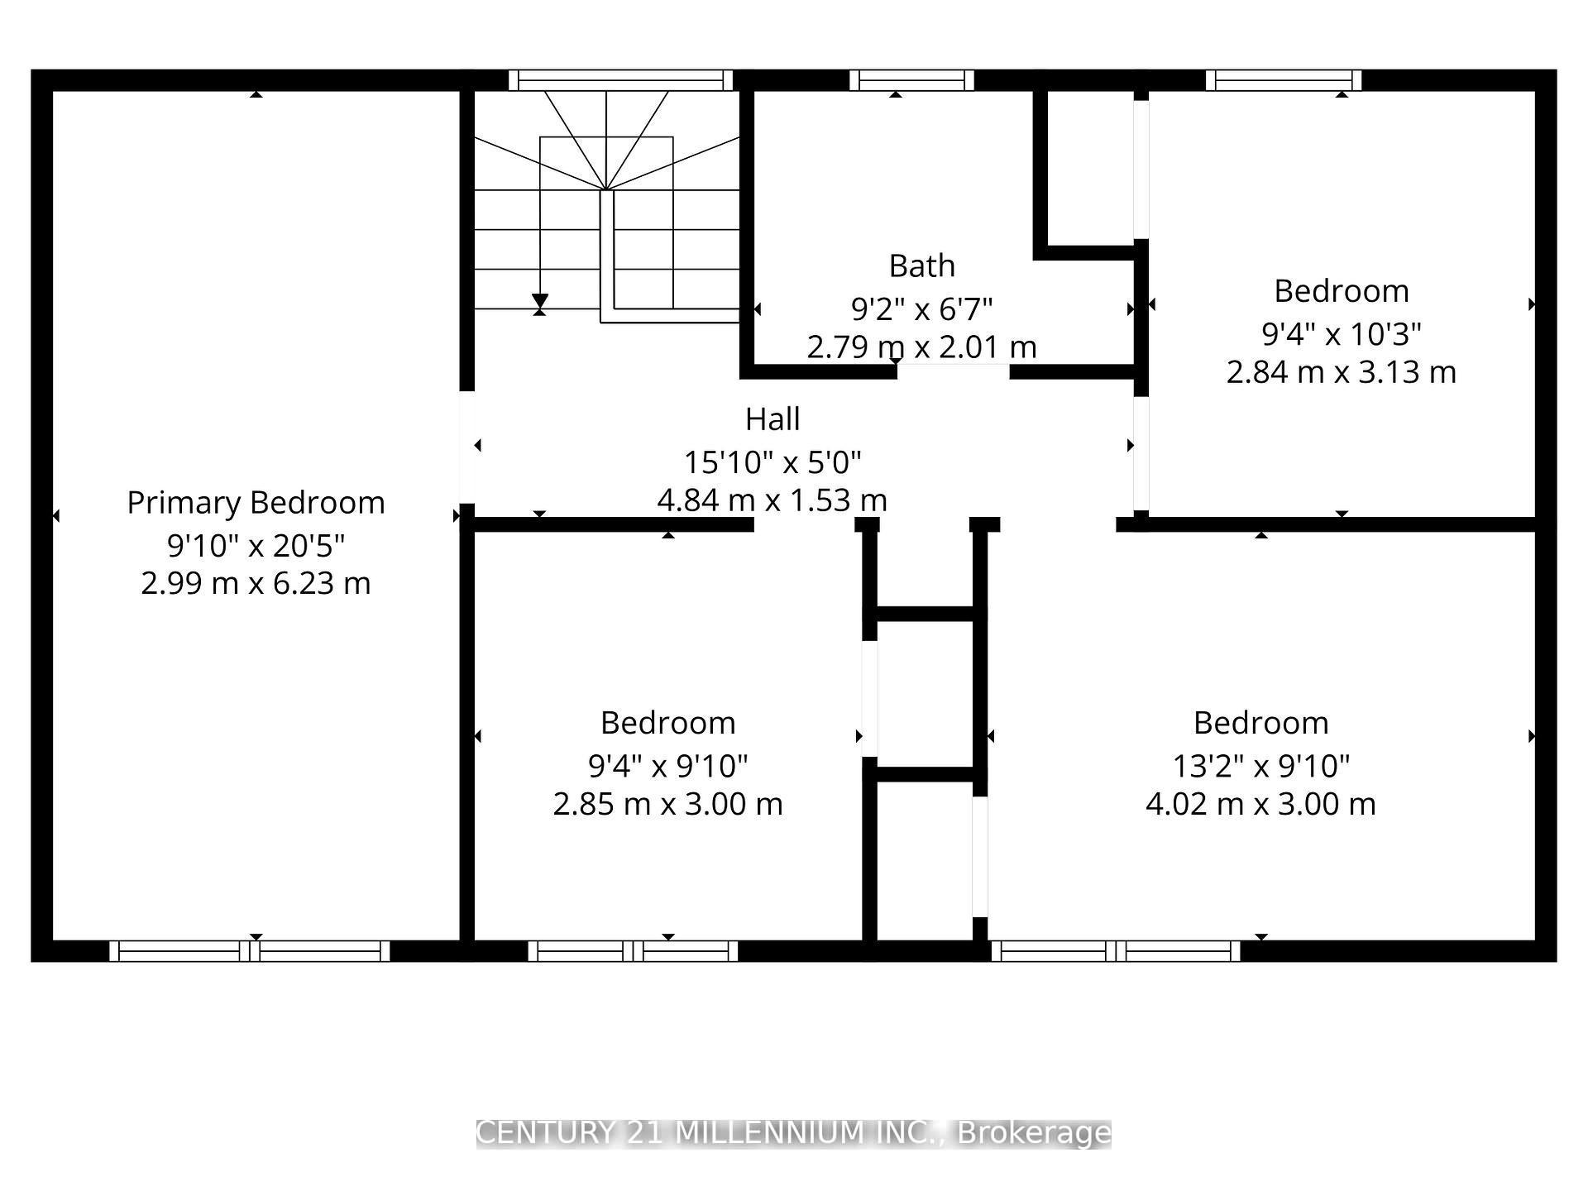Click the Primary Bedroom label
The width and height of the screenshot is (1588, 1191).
click(x=256, y=503)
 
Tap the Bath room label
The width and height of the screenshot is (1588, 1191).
click(x=921, y=266)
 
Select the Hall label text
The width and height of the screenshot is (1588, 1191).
click(x=772, y=419)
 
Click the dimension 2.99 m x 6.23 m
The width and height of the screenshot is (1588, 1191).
click(x=256, y=584)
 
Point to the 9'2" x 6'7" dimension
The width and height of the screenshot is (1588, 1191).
click(x=921, y=309)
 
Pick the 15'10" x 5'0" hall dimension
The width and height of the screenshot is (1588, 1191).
click(x=772, y=462)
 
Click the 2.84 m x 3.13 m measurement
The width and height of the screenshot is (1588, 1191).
click(x=1341, y=372)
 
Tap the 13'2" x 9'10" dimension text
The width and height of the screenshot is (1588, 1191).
click(x=1260, y=767)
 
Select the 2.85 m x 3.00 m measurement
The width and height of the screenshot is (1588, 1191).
click(x=667, y=804)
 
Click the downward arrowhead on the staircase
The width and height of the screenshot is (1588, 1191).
click(x=540, y=300)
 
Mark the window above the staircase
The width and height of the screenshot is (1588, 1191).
click(x=620, y=80)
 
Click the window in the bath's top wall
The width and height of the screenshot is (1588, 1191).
click(x=911, y=80)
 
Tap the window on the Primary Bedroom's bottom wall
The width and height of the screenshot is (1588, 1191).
click(x=249, y=951)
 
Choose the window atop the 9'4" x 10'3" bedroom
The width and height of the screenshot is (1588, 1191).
click(x=1283, y=80)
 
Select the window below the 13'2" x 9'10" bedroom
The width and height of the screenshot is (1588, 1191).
click(x=1116, y=951)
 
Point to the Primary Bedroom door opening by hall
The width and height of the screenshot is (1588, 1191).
click(x=466, y=447)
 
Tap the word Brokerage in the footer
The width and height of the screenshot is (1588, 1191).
click(x=1034, y=1133)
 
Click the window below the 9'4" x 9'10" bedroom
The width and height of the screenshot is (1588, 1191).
click(x=633, y=951)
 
